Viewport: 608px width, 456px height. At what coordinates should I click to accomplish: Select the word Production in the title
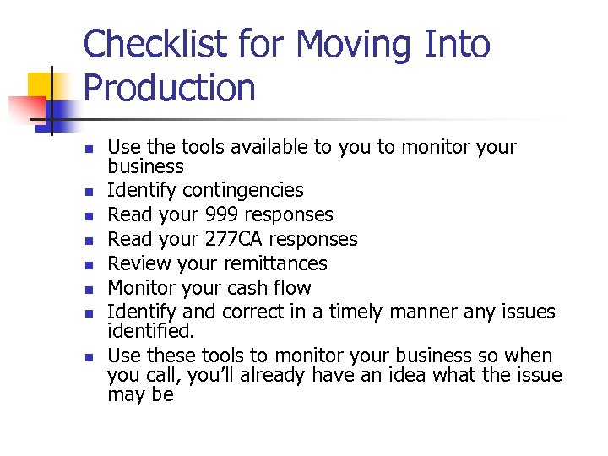pos(169,88)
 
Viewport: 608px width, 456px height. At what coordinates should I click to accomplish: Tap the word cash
pos(238,288)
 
